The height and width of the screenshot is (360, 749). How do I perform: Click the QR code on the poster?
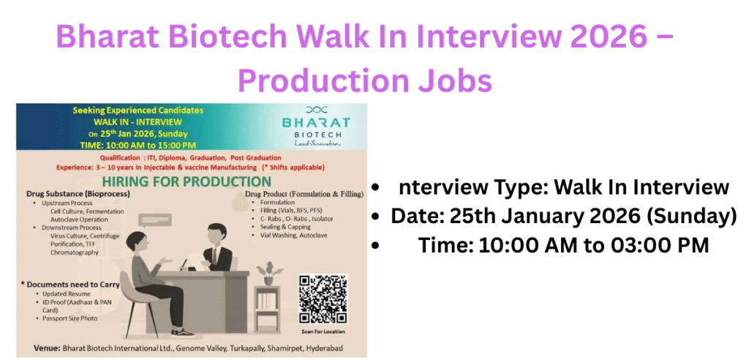point(323,298)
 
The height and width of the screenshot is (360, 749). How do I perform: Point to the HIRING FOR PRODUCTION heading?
point(187,181)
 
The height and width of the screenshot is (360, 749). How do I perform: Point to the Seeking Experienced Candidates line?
point(138,110)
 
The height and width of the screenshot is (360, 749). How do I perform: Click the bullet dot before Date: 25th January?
point(376,217)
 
